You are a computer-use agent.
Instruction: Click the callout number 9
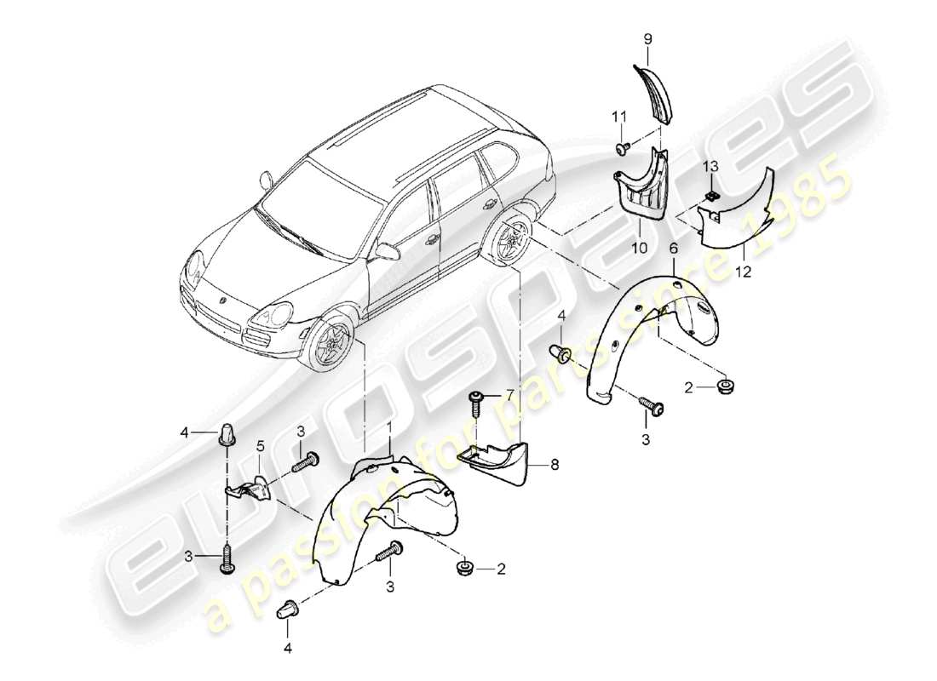(647, 38)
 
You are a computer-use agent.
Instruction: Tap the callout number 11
(619, 116)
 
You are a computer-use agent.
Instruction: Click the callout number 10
(639, 248)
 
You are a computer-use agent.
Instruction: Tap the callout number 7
(511, 394)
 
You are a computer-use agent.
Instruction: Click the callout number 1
(389, 426)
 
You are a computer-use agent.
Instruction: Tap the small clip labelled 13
(710, 197)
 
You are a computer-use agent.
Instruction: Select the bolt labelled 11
(621, 148)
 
